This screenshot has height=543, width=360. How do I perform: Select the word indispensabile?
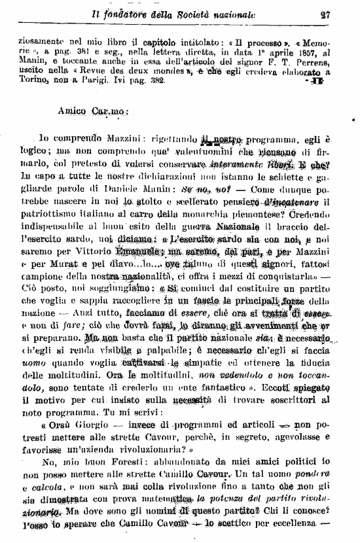[x=53, y=249]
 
